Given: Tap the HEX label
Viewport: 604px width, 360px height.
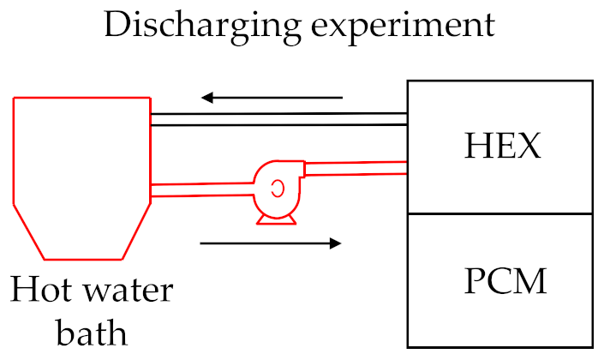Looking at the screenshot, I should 503,147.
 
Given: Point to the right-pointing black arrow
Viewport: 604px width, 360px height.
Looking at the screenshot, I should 271,243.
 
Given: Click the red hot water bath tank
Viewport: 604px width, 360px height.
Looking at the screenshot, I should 81,171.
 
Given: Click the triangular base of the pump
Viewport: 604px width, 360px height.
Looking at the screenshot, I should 277,219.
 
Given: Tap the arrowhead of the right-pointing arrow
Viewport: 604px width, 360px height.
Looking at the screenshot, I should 335,243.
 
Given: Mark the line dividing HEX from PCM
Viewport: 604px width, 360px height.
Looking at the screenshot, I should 500,213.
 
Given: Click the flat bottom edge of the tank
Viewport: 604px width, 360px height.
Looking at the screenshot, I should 81,258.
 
